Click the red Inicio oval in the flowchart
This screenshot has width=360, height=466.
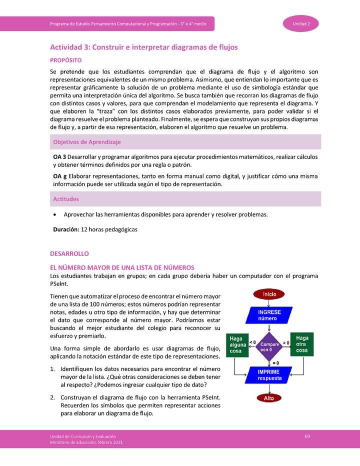(x=269, y=294)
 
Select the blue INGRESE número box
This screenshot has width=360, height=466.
(x=269, y=315)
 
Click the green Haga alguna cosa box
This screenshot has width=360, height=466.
(x=236, y=344)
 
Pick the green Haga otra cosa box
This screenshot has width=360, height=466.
(x=302, y=344)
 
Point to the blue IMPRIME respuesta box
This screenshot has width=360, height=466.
(x=269, y=375)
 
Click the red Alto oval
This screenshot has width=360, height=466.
(x=269, y=398)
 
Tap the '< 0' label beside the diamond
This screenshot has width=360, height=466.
(x=252, y=342)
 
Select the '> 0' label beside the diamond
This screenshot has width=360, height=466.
(x=286, y=342)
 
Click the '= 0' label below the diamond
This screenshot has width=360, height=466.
(x=275, y=362)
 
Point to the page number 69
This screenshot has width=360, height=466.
(x=307, y=436)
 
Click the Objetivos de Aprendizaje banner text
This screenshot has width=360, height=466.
(x=86, y=142)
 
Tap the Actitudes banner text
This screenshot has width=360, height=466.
(x=66, y=199)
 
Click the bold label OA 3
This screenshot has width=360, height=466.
(x=60, y=156)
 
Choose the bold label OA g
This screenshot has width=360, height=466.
(x=60, y=176)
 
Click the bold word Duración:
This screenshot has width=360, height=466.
(x=66, y=229)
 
